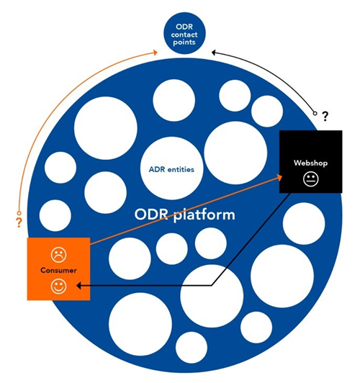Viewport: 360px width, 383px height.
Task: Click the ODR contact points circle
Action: pyautogui.click(x=184, y=33)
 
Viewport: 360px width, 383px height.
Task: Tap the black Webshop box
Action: pyautogui.click(x=310, y=162)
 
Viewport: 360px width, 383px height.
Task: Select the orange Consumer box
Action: pyautogui.click(x=58, y=269)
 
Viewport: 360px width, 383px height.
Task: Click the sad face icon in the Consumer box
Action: pyautogui.click(x=58, y=255)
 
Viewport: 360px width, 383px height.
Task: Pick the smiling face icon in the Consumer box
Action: pyautogui.click(x=58, y=286)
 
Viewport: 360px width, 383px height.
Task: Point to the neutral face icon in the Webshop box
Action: pyautogui.click(x=310, y=179)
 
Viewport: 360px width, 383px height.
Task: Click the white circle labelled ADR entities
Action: pyautogui.click(x=171, y=168)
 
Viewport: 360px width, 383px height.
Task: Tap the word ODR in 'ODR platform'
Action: pyautogui.click(x=151, y=215)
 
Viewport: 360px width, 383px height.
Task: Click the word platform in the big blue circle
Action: pyautogui.click(x=204, y=215)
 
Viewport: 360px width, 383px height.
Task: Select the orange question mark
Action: pyautogui.click(x=19, y=222)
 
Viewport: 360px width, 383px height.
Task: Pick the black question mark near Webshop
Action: pyautogui.click(x=325, y=117)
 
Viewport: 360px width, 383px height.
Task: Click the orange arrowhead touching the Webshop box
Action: pyautogui.click(x=279, y=177)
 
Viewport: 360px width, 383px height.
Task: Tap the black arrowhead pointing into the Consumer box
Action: pyautogui.click(x=79, y=285)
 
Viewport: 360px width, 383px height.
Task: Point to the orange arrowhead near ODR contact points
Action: pyautogui.click(x=155, y=53)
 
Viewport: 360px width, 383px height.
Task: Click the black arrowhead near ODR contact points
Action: pyautogui.click(x=214, y=53)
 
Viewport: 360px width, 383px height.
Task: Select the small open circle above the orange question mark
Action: pyautogui.click(x=19, y=213)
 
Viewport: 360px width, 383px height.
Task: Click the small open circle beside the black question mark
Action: pyautogui.click(x=315, y=113)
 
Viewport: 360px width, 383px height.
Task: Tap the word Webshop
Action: pyautogui.click(x=310, y=163)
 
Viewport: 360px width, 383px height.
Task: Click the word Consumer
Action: pyautogui.click(x=58, y=271)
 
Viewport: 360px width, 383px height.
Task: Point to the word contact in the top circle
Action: pyautogui.click(x=184, y=35)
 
